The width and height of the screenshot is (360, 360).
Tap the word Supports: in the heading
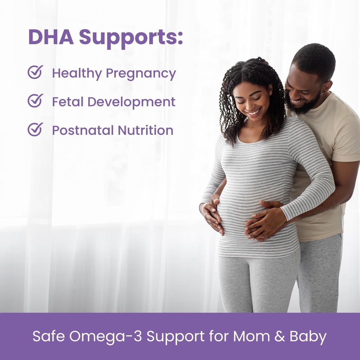click(131, 37)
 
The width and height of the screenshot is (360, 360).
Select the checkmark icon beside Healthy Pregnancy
click(35, 72)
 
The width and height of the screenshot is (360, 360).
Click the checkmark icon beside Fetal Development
click(35, 101)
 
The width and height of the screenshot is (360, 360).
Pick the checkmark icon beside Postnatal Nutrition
click(35, 129)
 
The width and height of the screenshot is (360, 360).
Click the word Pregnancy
click(141, 74)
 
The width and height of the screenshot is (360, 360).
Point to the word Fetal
click(67, 102)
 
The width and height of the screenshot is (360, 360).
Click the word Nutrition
click(145, 130)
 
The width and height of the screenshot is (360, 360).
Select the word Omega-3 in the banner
click(105, 336)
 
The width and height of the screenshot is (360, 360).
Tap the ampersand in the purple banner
click(280, 336)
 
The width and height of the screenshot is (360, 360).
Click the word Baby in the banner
click(308, 337)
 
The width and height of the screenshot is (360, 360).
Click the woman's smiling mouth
click(254, 113)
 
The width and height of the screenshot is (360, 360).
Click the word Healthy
click(77, 74)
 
